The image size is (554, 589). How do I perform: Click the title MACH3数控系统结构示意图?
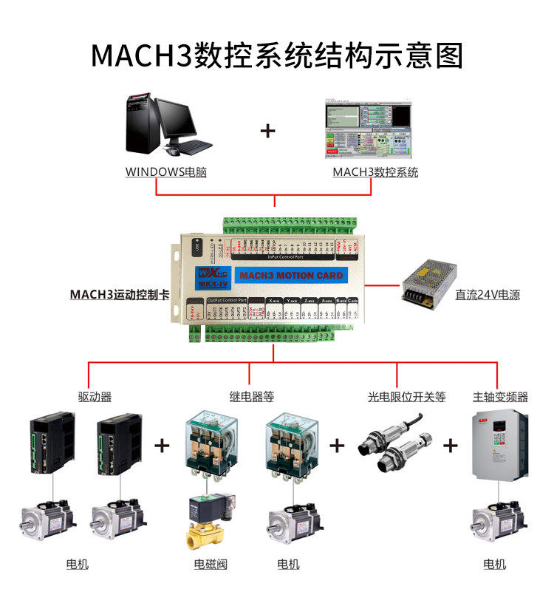click(277, 55)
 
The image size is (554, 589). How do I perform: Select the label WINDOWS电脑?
click(165, 172)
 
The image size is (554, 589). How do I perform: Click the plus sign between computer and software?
click(267, 132)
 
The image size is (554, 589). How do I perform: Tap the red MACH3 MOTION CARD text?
click(292, 276)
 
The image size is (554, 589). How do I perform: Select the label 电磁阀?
click(211, 565)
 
